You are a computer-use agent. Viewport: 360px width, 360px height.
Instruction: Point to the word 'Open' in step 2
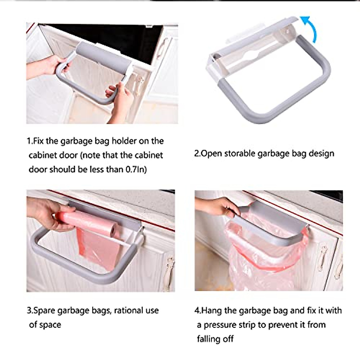(211, 154)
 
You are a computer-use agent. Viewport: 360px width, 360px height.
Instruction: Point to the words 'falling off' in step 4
(215, 339)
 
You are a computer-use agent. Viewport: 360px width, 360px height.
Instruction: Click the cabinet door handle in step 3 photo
(169, 270)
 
